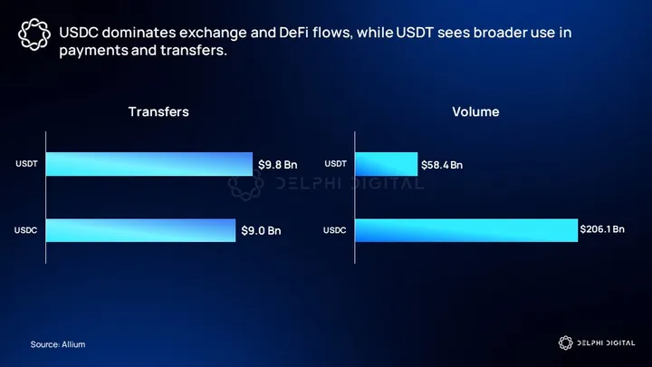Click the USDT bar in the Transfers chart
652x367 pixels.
pyautogui.click(x=149, y=164)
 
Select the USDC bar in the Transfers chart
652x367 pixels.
pyautogui.click(x=140, y=230)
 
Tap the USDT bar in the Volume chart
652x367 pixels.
pyautogui.click(x=386, y=164)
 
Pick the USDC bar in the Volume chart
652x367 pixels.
pyautogui.click(x=465, y=230)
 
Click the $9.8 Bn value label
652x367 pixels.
pyautogui.click(x=277, y=165)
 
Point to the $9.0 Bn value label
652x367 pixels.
pyautogui.click(x=261, y=231)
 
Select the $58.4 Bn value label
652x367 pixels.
pyautogui.click(x=442, y=165)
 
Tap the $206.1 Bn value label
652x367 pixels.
pyautogui.click(x=602, y=229)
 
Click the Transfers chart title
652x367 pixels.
pyautogui.click(x=158, y=112)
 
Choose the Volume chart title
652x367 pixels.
pyautogui.click(x=475, y=112)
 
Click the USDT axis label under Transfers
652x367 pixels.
pyautogui.click(x=26, y=165)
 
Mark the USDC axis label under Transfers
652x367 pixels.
pyautogui.click(x=26, y=231)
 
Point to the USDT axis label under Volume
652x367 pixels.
pyautogui.click(x=335, y=165)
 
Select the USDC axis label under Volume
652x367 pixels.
pyautogui.click(x=335, y=231)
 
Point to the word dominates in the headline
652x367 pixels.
pyautogui.click(x=132, y=33)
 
